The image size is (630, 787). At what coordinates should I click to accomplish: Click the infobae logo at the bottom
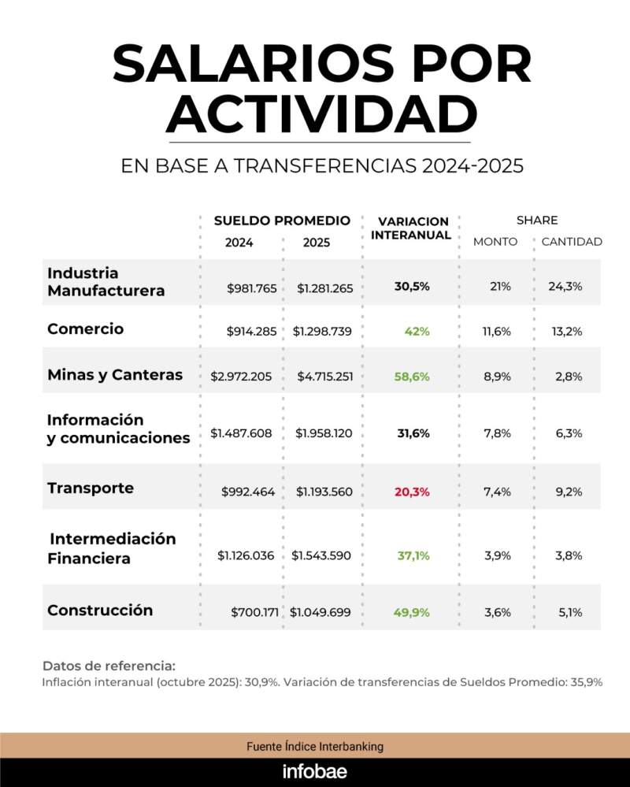point(315,770)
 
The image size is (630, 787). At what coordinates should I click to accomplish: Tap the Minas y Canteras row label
point(115,375)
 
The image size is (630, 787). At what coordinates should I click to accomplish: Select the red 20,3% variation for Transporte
point(412,492)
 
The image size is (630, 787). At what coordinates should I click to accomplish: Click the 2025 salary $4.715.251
point(324,377)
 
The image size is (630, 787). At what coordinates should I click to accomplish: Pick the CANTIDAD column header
point(572,242)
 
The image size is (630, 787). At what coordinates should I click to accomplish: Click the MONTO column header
point(495,242)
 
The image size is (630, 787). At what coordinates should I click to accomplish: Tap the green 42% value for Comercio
point(417,332)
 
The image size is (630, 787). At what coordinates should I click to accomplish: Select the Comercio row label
point(85,329)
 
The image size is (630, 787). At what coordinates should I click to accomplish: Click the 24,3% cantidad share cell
point(565,287)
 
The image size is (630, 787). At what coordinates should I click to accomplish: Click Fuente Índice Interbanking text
point(315,746)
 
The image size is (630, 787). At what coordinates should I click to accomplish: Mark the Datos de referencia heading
point(109,666)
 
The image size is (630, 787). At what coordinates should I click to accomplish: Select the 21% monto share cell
point(500,287)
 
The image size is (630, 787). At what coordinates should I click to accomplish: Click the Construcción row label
point(100,611)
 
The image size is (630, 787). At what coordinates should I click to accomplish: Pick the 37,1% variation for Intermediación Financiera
point(413,555)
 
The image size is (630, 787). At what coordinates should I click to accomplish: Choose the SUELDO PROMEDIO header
point(282,221)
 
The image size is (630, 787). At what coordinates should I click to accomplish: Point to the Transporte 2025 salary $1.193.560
point(324,492)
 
